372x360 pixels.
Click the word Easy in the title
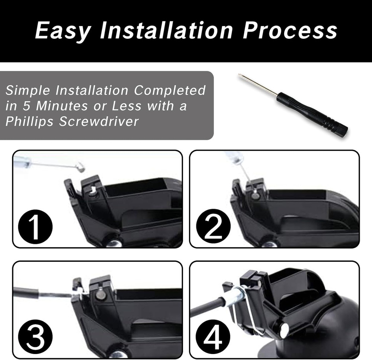click(x=62, y=30)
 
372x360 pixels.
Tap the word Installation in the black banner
click(x=166, y=30)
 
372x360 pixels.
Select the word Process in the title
click(x=290, y=30)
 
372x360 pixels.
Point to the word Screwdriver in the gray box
click(x=99, y=122)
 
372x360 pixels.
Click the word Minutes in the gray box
click(x=58, y=106)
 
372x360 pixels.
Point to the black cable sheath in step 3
click(x=26, y=293)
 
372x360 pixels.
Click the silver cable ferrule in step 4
click(x=232, y=298)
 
